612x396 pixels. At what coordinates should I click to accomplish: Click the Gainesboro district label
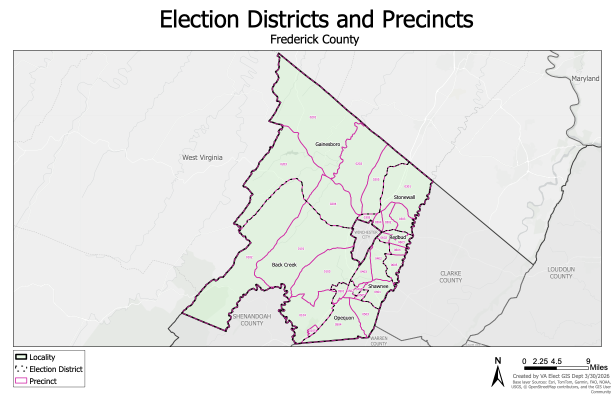327,144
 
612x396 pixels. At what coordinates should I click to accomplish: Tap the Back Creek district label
284,264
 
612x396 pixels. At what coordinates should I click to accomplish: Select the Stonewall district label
404,197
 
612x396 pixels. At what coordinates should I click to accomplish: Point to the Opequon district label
343,318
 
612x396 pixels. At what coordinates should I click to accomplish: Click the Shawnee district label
378,286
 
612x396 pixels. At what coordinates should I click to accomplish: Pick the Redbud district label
397,237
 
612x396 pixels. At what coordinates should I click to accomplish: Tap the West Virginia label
202,157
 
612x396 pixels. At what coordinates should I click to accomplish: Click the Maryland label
585,78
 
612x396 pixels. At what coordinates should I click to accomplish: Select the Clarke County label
450,277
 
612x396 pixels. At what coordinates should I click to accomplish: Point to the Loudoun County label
560,272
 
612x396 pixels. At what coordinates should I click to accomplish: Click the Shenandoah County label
248,319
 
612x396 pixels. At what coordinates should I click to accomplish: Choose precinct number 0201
313,117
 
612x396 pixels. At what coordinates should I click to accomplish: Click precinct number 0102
249,257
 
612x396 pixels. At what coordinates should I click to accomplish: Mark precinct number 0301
407,186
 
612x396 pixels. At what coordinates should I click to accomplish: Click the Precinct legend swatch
21,381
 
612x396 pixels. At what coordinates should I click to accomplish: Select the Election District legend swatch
21,369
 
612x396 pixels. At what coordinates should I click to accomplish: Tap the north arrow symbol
497,373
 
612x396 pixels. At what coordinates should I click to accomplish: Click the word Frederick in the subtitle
292,39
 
